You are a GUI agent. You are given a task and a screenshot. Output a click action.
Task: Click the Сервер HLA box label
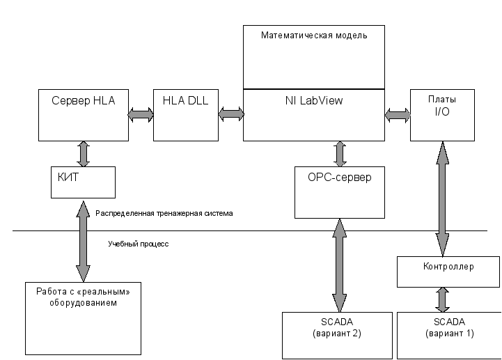tap(84, 100)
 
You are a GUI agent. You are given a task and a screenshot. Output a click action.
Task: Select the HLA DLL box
tap(186, 115)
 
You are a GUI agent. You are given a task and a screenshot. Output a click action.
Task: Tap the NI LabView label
tap(314, 100)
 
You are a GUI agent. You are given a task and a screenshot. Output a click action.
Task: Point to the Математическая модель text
tap(314, 35)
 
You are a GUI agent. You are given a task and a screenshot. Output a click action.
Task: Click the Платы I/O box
tap(442, 115)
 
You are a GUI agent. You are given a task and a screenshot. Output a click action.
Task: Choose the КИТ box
tap(83, 182)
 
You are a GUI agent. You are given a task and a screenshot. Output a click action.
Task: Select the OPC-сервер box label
tap(339, 177)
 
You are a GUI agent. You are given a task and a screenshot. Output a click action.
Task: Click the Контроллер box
tap(448, 272)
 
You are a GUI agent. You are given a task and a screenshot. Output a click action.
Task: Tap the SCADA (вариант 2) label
tap(337, 327)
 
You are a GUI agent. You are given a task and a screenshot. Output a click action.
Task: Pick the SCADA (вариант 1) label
tap(450, 327)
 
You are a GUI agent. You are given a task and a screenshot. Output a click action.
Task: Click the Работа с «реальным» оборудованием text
tap(83, 297)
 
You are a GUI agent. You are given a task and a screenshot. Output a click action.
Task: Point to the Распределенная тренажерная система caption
tap(164, 213)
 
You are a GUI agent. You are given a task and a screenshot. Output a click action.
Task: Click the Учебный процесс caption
tap(139, 244)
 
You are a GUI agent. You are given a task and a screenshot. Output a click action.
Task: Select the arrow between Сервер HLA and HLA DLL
tap(141, 115)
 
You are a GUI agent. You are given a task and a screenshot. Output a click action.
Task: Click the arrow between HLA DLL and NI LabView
tap(231, 114)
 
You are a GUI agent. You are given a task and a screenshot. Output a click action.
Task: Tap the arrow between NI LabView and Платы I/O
tap(398, 115)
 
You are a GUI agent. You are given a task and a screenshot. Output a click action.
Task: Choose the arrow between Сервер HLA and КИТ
tap(84, 154)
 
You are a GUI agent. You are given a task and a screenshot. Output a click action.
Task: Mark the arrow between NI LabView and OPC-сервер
tap(340, 154)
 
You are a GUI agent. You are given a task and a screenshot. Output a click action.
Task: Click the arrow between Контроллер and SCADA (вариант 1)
tap(442, 300)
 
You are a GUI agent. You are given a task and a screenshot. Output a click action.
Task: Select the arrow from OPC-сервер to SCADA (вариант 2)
tap(339, 265)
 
